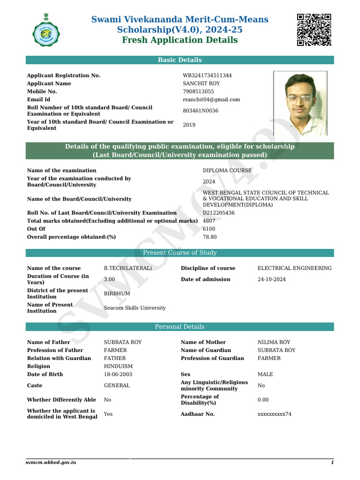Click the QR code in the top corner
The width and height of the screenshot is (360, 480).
pos(314,30)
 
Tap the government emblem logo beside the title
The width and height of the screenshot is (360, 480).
pos(46,30)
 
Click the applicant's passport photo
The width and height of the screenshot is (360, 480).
pos(300,102)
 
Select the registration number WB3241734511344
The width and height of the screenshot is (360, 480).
pos(207,75)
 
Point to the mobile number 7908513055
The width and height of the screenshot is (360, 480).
pos(198,91)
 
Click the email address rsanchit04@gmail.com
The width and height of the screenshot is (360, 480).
pos(211,99)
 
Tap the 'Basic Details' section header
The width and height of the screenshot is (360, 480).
pos(180,60)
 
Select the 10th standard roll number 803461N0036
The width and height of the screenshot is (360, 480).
pos(201,111)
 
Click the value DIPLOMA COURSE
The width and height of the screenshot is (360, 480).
pos(227,170)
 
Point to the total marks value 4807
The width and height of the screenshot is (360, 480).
pos(209,221)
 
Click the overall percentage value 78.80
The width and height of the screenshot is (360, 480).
pos(210,237)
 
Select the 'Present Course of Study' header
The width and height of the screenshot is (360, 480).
pos(180,253)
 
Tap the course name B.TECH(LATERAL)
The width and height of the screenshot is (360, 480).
pos(127,268)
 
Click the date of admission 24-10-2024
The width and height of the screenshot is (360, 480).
pos(272,279)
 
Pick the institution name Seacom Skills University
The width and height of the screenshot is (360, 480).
pos(135,308)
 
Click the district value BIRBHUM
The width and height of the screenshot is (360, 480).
pos(117,293)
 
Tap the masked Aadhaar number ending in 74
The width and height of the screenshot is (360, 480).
pos(275,414)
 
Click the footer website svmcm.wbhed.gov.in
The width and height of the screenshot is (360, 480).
pos(51,463)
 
